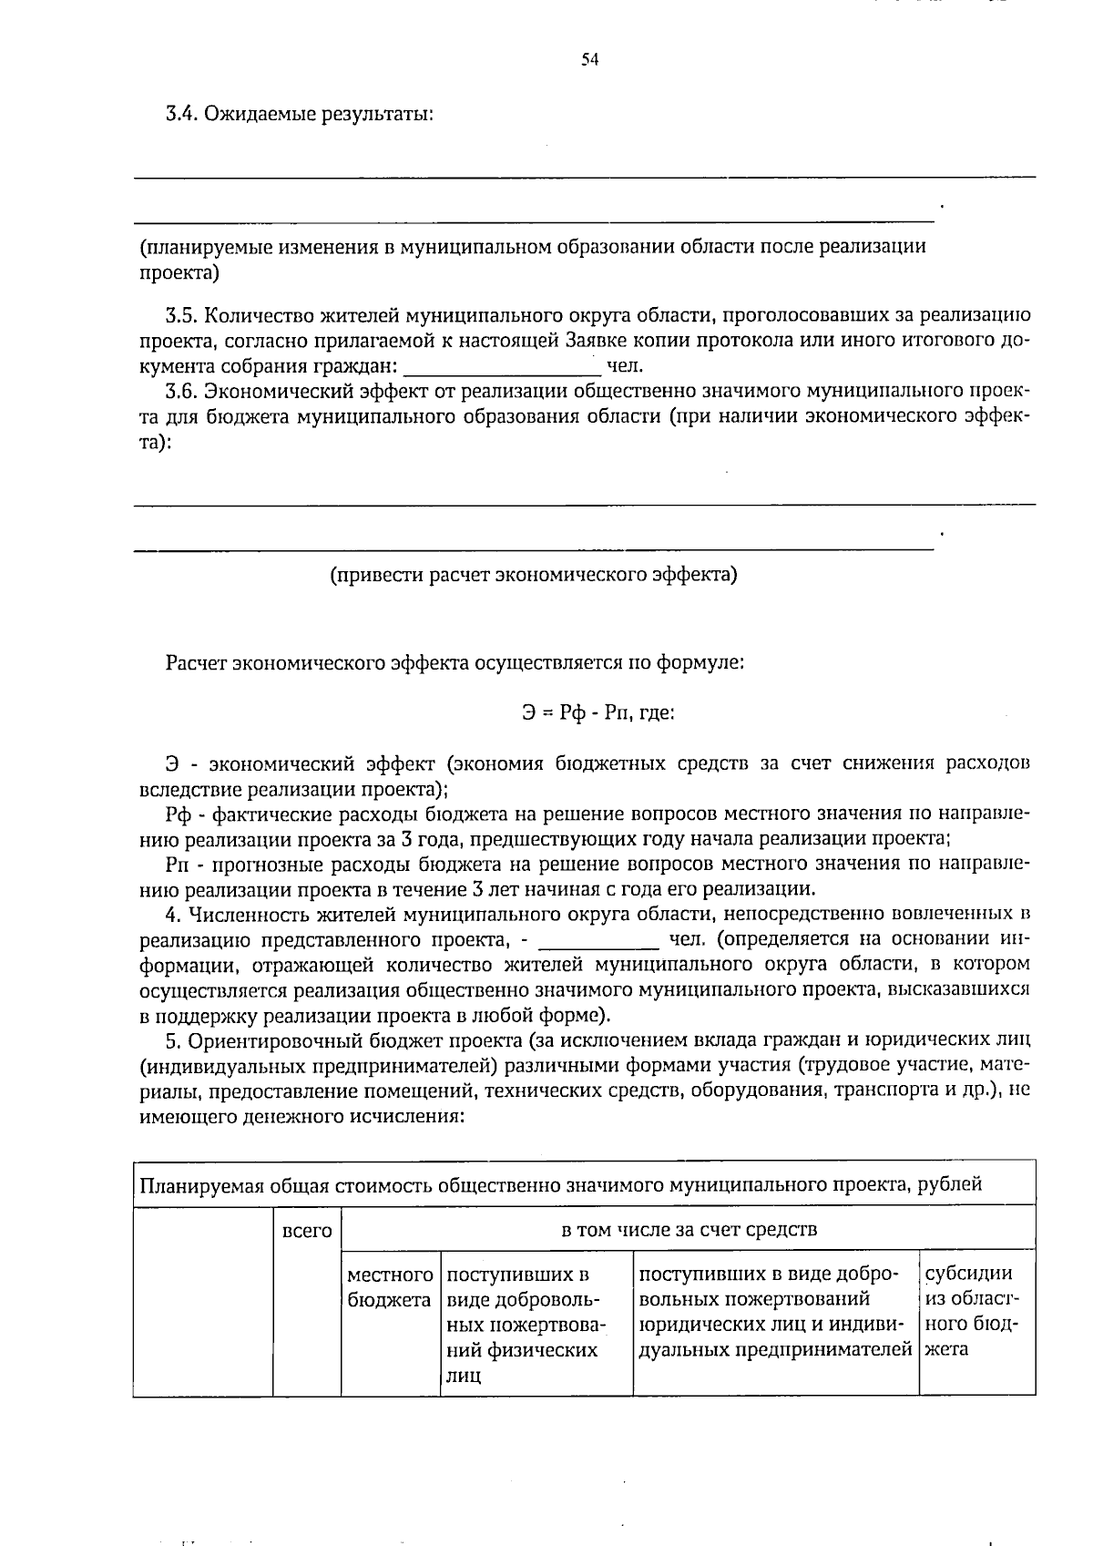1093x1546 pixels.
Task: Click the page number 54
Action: click(589, 60)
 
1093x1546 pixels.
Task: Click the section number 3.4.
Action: click(180, 115)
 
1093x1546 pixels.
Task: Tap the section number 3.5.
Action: click(180, 316)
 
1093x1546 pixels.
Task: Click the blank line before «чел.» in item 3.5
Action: click(503, 368)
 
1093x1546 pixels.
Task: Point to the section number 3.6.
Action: click(180, 392)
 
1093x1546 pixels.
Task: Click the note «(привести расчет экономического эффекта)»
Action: click(533, 575)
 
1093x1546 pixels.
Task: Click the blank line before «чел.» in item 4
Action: click(599, 940)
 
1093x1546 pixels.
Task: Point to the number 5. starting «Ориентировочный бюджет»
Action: click(173, 1039)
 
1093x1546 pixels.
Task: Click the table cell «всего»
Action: click(307, 1231)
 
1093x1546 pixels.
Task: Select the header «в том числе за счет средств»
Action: click(689, 1230)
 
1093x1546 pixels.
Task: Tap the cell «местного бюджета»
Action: click(390, 1286)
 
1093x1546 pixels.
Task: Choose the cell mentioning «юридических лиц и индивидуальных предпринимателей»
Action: click(775, 1311)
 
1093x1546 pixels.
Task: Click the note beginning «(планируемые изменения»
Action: click(533, 259)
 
